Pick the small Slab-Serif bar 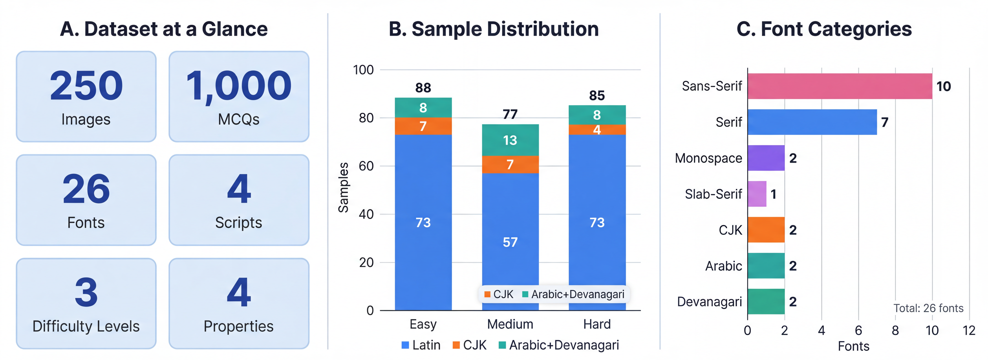(757, 194)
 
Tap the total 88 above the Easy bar (423, 88)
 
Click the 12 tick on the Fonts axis (969, 330)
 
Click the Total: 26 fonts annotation (928, 308)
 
